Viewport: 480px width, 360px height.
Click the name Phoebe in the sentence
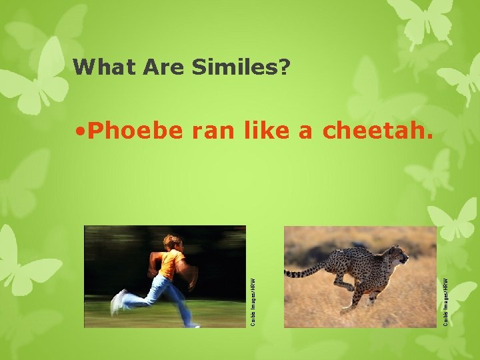tap(134, 131)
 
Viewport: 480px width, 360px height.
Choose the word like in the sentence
tap(269, 131)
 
